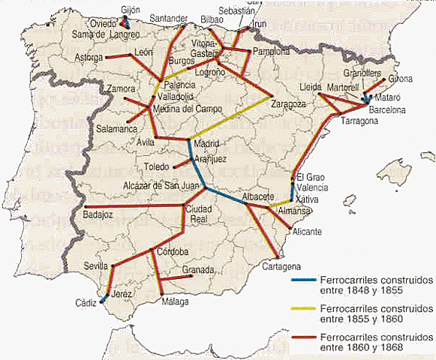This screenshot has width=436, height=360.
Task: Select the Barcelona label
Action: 386,109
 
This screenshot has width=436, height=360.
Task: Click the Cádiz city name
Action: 86,302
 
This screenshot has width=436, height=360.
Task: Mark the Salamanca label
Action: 119,129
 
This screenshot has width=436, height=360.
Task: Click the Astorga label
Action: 91,57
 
